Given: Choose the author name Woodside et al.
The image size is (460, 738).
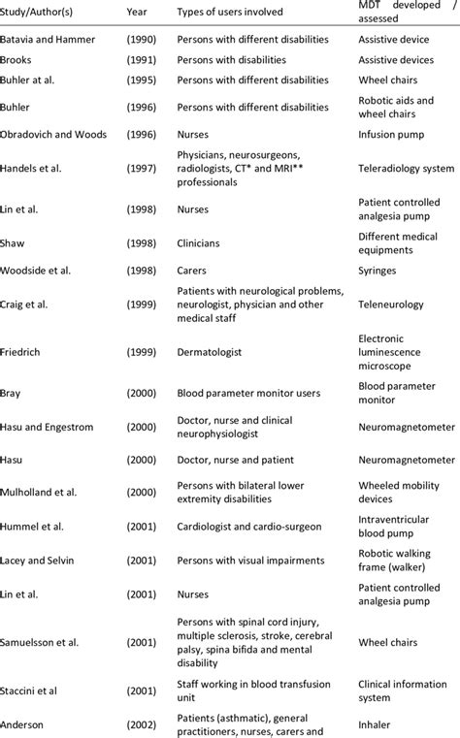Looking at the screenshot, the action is pos(44,269).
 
